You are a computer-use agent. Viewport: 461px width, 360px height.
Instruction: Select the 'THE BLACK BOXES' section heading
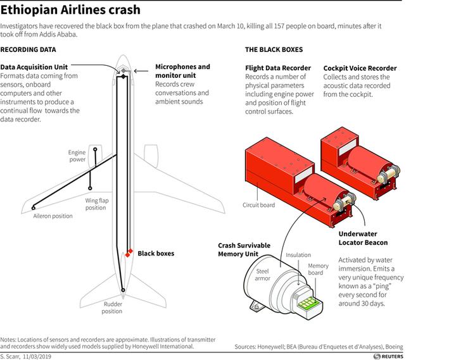click(x=274, y=49)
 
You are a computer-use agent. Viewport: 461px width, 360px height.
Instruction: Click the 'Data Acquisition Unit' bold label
click(x=35, y=66)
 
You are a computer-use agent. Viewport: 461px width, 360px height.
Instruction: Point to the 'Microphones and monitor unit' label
click(x=182, y=71)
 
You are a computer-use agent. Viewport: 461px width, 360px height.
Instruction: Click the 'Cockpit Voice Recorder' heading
click(x=360, y=68)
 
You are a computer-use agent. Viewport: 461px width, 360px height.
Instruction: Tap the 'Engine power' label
click(x=77, y=156)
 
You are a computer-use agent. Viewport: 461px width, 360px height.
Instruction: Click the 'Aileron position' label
click(x=53, y=216)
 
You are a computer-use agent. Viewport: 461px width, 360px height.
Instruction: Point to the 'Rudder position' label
click(x=112, y=307)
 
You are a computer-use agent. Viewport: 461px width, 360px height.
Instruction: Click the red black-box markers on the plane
click(x=129, y=253)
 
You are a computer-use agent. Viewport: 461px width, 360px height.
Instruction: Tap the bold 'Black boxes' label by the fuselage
click(x=156, y=253)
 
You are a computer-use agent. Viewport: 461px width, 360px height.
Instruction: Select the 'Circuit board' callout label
click(x=259, y=205)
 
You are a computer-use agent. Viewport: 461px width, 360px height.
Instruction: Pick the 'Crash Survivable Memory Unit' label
click(x=244, y=249)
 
